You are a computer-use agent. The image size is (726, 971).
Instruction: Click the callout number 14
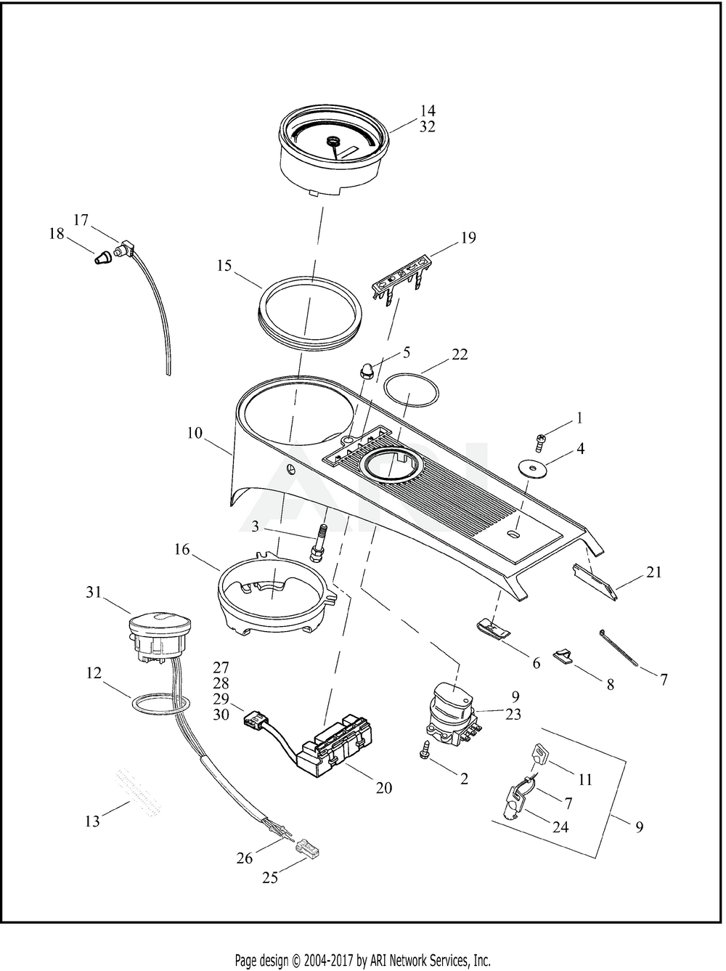428,110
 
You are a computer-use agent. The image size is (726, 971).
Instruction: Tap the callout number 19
468,238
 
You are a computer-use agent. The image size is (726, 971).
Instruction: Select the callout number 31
94,592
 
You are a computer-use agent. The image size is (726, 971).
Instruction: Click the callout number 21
654,572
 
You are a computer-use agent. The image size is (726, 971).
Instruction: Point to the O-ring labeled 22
411,389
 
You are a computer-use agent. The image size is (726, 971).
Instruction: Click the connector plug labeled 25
308,846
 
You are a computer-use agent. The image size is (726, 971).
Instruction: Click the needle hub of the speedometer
332,141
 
